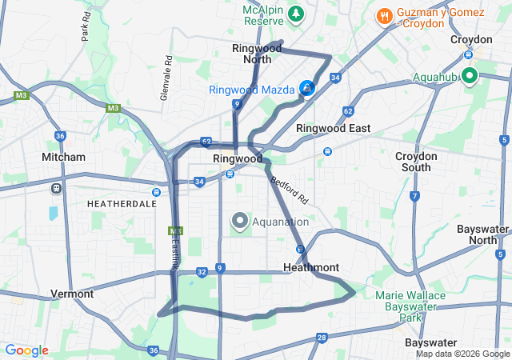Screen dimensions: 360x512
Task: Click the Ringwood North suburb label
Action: click(257, 54)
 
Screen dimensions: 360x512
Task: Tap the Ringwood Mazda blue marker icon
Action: click(307, 88)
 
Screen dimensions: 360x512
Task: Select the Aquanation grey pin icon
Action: click(239, 221)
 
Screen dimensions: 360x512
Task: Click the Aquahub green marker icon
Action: click(468, 76)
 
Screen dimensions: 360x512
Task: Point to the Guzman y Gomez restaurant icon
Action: click(385, 15)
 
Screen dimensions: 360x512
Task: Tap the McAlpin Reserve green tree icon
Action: click(297, 14)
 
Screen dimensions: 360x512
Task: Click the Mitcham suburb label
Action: click(64, 157)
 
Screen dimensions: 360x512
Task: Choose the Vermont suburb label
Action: click(72, 294)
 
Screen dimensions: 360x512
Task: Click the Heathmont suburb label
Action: click(311, 267)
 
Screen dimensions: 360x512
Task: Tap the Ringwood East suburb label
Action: click(334, 128)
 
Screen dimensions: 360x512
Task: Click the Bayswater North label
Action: click(482, 234)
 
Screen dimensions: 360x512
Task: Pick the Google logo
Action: click(26, 350)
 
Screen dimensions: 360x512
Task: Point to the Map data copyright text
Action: click(462, 354)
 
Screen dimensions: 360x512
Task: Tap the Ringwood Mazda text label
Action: click(253, 90)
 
